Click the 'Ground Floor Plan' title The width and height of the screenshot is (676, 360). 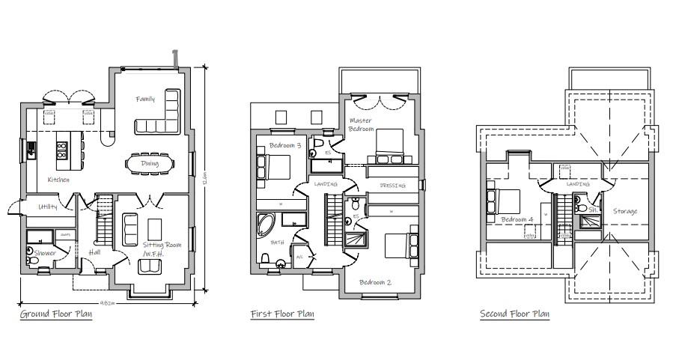[x=56, y=314]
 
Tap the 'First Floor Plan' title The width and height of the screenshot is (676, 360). [x=282, y=314]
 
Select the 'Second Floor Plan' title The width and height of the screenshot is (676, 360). [x=514, y=314]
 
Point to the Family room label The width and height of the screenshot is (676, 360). [x=145, y=99]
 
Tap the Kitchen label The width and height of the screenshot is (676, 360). [x=58, y=180]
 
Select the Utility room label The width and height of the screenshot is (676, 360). [x=47, y=207]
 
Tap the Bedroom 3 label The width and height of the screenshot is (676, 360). [x=284, y=145]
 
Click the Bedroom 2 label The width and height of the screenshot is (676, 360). [x=374, y=282]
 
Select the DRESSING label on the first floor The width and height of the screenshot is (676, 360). [x=392, y=186]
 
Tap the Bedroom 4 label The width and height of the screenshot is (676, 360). [x=517, y=219]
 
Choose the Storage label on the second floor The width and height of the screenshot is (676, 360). [x=625, y=212]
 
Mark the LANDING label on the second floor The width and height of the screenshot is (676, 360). [x=578, y=184]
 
